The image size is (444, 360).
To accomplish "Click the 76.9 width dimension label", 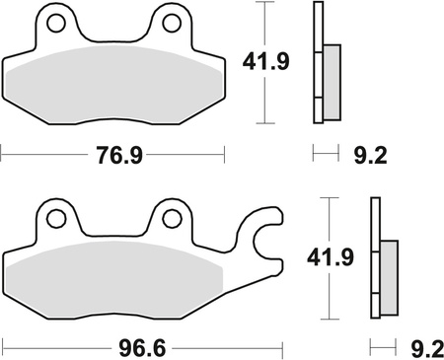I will (x=114, y=155).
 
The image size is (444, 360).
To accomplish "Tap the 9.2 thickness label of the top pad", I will (x=362, y=155).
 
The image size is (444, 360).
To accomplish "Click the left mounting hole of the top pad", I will (x=57, y=22).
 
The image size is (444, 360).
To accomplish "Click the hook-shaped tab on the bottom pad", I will (x=263, y=237).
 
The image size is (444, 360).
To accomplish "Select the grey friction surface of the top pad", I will (x=114, y=84).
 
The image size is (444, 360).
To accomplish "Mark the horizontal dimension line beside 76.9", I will (x=49, y=153).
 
